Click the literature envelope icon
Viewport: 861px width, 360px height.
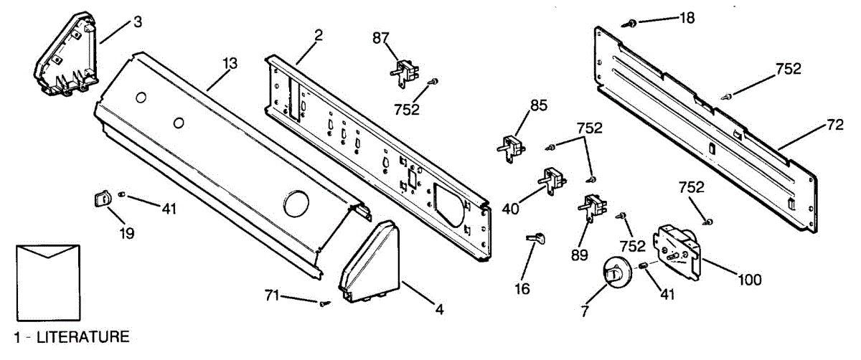(47, 281)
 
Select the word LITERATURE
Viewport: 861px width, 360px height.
(83, 336)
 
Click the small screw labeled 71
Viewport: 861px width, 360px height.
(323, 304)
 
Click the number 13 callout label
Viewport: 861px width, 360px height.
(229, 63)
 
